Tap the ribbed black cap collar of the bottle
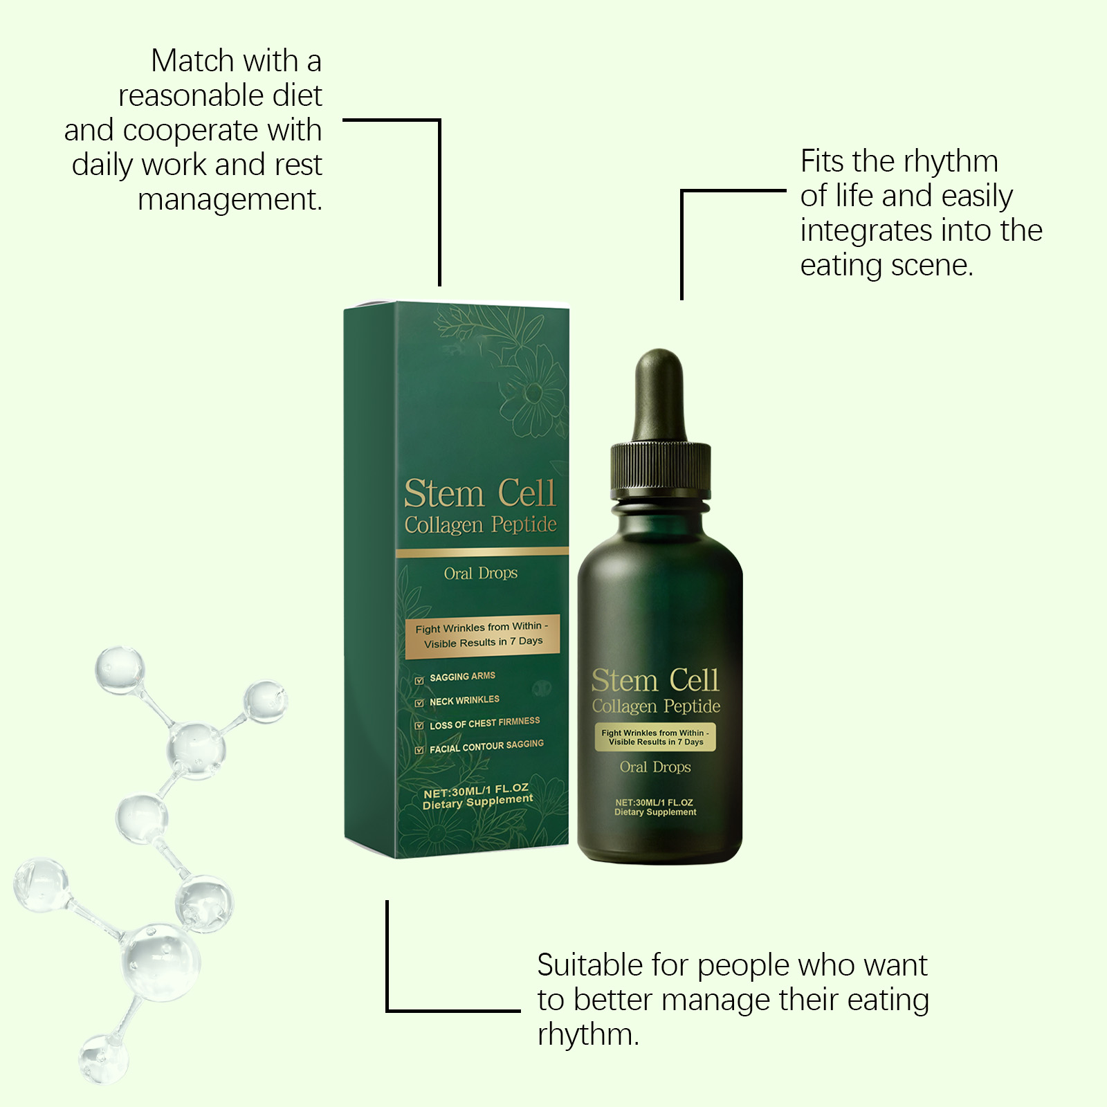pos(660,472)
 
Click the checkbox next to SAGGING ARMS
pos(419,680)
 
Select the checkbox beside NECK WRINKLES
pos(419,703)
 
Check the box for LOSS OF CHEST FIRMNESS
pos(419,726)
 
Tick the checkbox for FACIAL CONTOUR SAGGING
pos(419,750)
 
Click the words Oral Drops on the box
pos(481,574)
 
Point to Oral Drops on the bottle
pos(655,767)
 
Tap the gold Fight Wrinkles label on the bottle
pos(655,737)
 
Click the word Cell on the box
pos(527,493)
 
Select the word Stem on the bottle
pos(624,681)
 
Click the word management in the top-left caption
pos(230,200)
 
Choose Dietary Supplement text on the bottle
pos(655,812)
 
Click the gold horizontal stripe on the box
pos(482,552)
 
